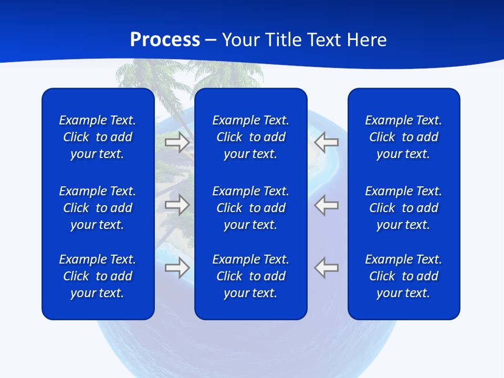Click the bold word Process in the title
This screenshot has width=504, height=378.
point(165,40)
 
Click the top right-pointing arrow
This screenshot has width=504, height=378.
point(177,142)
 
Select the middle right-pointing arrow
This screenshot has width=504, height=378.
point(177,205)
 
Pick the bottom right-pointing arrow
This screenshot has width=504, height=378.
point(177,268)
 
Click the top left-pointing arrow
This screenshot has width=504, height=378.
point(327,142)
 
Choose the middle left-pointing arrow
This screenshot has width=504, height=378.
point(327,205)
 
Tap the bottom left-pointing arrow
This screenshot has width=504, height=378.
point(327,268)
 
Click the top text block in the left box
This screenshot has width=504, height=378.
point(98,137)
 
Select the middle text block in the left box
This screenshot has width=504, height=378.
point(98,208)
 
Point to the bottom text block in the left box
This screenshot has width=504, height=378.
point(98,276)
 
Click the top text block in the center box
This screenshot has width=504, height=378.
point(250,137)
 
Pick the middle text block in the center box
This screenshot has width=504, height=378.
point(250,208)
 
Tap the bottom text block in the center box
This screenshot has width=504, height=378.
point(250,276)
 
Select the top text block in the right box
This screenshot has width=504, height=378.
point(404,137)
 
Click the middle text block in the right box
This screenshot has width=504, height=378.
point(404,208)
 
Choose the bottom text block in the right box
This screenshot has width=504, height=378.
point(404,276)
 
